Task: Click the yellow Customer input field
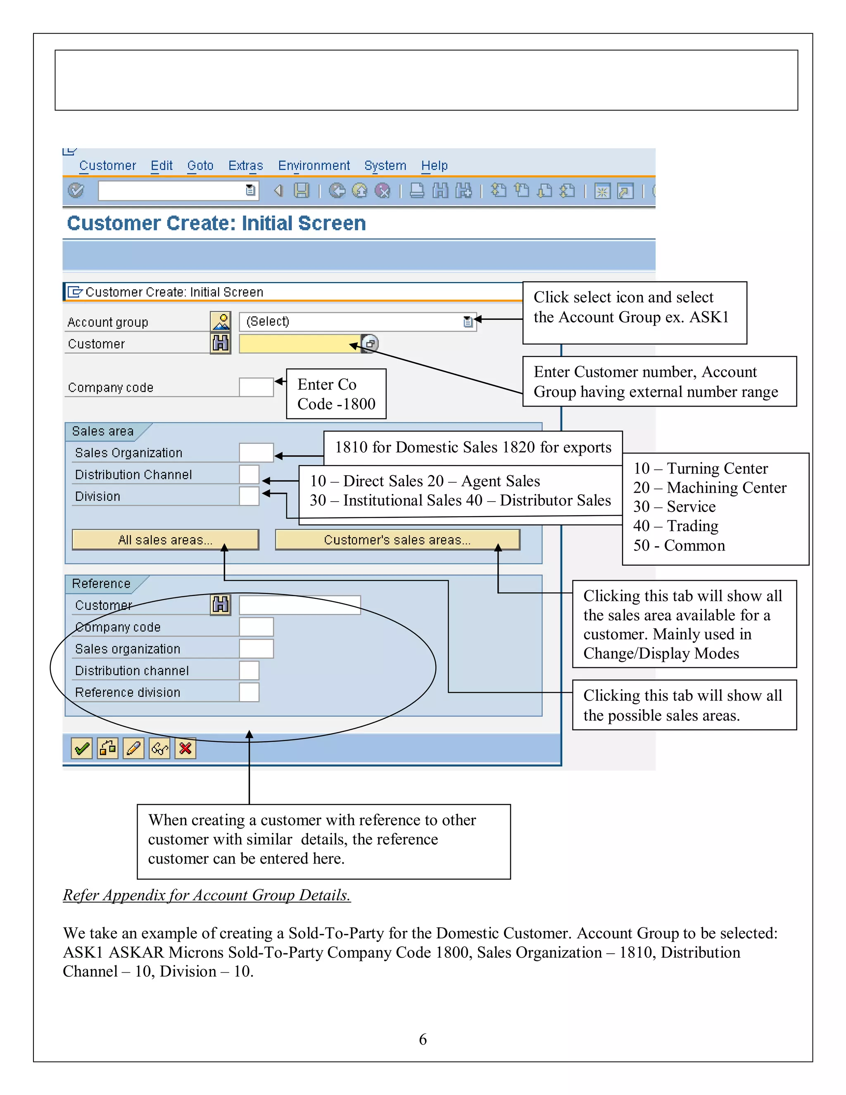coord(299,344)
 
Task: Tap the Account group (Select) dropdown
coord(357,321)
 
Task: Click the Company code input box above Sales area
coord(256,387)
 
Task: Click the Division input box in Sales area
coord(249,496)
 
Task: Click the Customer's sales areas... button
coord(397,540)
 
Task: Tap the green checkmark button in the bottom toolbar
coord(82,749)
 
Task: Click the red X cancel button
coord(185,749)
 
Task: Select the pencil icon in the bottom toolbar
coord(133,749)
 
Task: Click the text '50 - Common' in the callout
coord(679,545)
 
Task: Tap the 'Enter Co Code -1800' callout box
coord(336,394)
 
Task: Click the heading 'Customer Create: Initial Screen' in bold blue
coord(216,223)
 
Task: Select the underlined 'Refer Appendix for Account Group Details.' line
coord(207,895)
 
